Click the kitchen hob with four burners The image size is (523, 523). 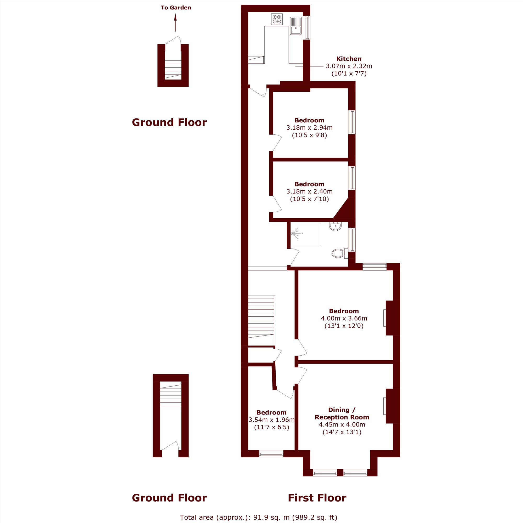click(277, 19)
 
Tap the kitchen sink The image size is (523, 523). click(295, 26)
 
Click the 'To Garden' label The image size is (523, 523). click(176, 8)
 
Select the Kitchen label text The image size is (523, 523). click(349, 59)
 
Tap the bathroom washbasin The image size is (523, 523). click(336, 226)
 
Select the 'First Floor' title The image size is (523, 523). click(317, 498)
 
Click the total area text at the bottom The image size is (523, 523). click(259, 517)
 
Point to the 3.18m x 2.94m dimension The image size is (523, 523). click(309, 128)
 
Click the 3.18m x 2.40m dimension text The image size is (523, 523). click(309, 191)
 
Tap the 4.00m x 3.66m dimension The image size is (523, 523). click(344, 318)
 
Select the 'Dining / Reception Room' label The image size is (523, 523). click(342, 413)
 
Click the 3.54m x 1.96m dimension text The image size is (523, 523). click(271, 420)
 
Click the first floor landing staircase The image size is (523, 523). click(261, 320)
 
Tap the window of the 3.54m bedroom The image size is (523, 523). click(271, 454)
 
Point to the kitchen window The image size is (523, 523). click(307, 28)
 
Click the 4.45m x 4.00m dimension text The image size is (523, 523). click(342, 424)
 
